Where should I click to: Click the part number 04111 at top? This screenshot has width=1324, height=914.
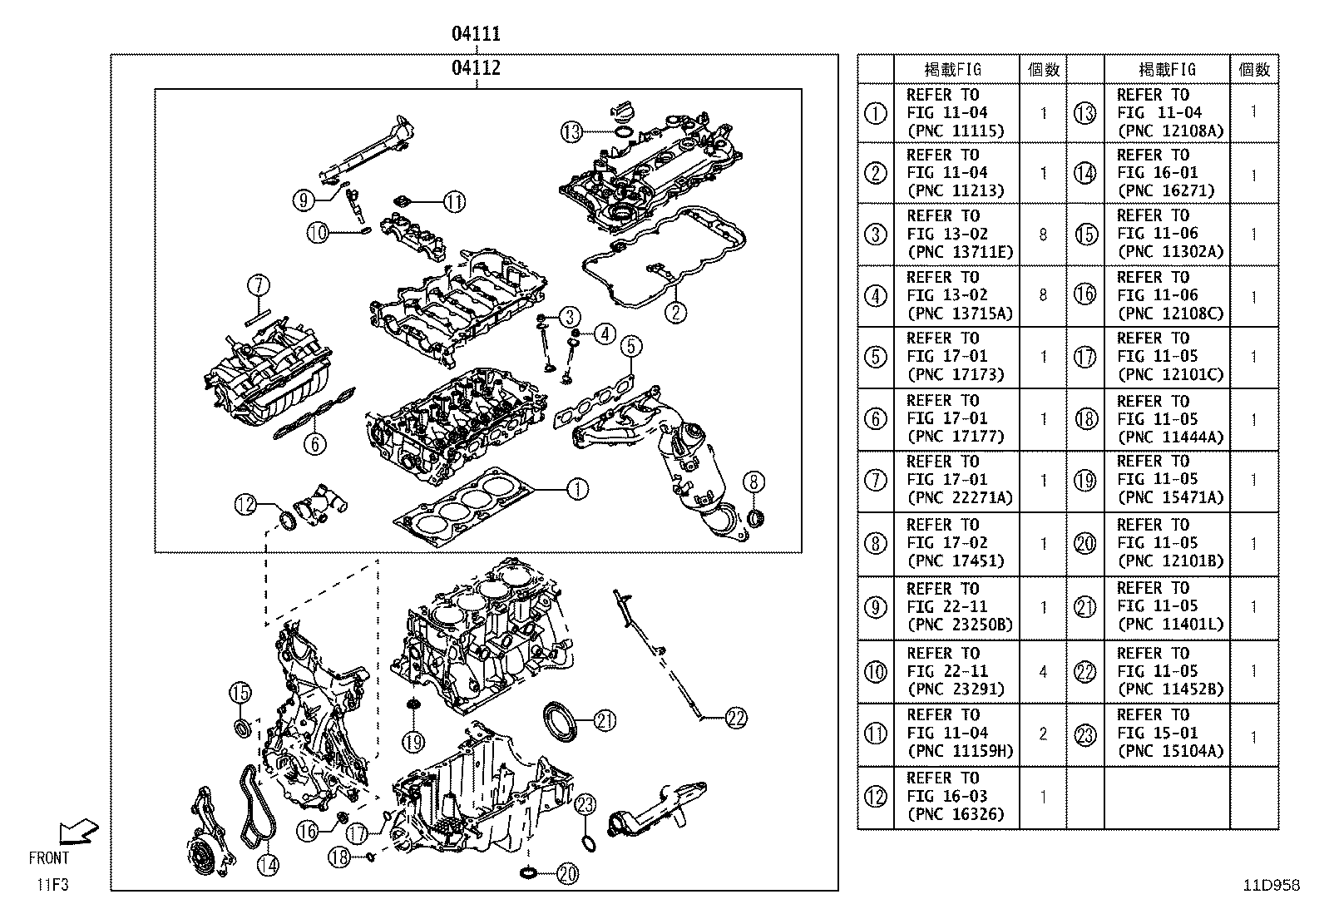[x=476, y=34]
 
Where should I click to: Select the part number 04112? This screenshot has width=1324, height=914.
[x=476, y=67]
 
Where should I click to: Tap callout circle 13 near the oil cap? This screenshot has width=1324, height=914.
[x=571, y=131]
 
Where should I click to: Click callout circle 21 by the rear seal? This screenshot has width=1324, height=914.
[x=605, y=720]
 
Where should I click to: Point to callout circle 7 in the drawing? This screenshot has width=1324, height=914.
[x=258, y=286]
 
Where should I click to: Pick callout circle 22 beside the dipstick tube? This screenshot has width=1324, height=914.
[x=736, y=717]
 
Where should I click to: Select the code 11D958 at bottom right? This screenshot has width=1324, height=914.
[x=1271, y=886]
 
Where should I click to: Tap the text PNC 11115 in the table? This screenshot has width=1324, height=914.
[x=956, y=131]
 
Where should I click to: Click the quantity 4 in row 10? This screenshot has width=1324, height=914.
[x=1044, y=672]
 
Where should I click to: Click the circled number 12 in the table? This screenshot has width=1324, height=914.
[x=876, y=797]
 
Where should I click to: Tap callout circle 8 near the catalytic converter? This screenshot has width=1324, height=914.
[x=754, y=482]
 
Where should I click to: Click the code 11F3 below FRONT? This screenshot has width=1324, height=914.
[x=52, y=884]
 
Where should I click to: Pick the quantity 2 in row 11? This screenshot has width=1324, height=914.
[x=1044, y=734]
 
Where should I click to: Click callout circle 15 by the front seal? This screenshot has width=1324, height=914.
[x=240, y=692]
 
